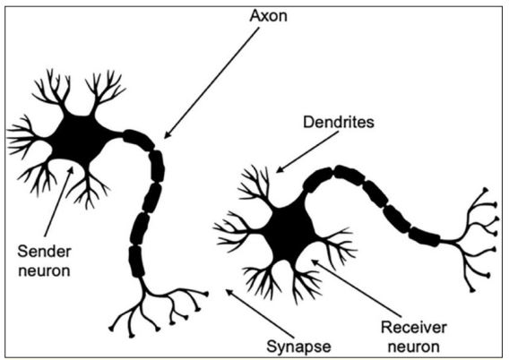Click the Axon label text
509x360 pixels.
269,15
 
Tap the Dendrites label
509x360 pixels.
339,123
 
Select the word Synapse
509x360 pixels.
298,347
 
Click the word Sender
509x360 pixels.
45,252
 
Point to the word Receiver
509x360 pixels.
414,327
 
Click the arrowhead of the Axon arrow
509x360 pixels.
166,136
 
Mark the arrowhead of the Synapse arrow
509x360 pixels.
229,291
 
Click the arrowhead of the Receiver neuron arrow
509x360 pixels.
315,261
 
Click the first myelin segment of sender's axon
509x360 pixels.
139,140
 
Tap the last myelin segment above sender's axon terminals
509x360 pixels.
136,261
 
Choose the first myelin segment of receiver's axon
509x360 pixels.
317,179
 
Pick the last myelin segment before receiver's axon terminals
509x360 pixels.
424,236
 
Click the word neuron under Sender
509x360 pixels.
44,270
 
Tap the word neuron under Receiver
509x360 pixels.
414,347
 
